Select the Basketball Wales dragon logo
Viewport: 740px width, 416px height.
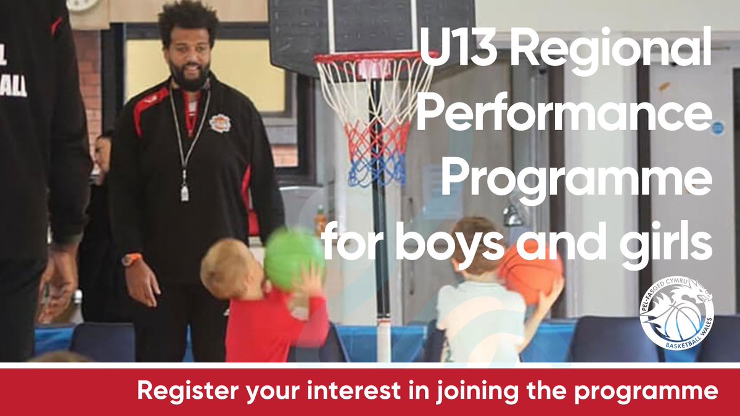pos(676,313)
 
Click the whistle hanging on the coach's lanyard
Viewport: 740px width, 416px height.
pos(184,193)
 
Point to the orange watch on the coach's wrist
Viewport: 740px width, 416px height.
pos(131,259)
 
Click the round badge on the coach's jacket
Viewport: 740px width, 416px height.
pos(220,123)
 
